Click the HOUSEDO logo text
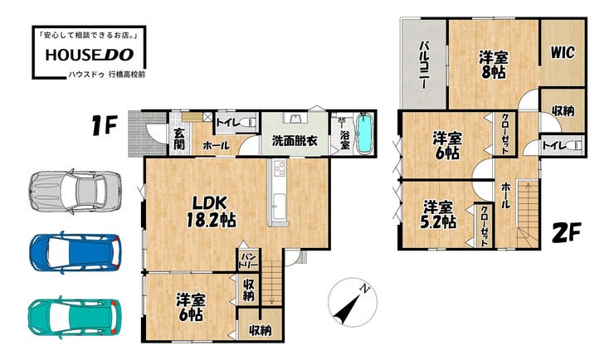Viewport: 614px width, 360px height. pyautogui.click(x=90, y=55)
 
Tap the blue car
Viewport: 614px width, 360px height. pyautogui.click(x=75, y=252)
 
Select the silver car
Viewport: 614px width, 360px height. pyautogui.click(x=75, y=192)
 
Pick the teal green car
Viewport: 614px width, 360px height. pyautogui.click(x=74, y=316)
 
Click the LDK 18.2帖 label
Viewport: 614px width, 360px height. pyautogui.click(x=211, y=212)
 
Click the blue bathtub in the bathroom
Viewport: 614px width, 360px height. pyautogui.click(x=365, y=134)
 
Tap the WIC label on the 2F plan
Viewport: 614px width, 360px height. pyautogui.click(x=563, y=52)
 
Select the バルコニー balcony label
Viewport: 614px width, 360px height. pyautogui.click(x=424, y=65)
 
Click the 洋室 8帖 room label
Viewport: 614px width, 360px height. pyautogui.click(x=494, y=65)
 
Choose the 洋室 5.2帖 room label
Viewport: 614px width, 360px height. pyautogui.click(x=438, y=215)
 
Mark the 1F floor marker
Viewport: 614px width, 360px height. pyautogui.click(x=105, y=125)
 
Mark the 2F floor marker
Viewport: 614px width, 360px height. pyautogui.click(x=567, y=233)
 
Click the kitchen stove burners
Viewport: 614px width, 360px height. pyautogui.click(x=280, y=169)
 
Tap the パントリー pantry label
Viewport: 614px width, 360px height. pyautogui.click(x=248, y=260)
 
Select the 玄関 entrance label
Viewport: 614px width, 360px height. pyautogui.click(x=179, y=139)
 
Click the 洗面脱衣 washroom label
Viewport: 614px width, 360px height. pyautogui.click(x=295, y=141)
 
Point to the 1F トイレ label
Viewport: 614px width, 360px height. pyautogui.click(x=227, y=123)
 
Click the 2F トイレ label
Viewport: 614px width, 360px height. pyautogui.click(x=553, y=146)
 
